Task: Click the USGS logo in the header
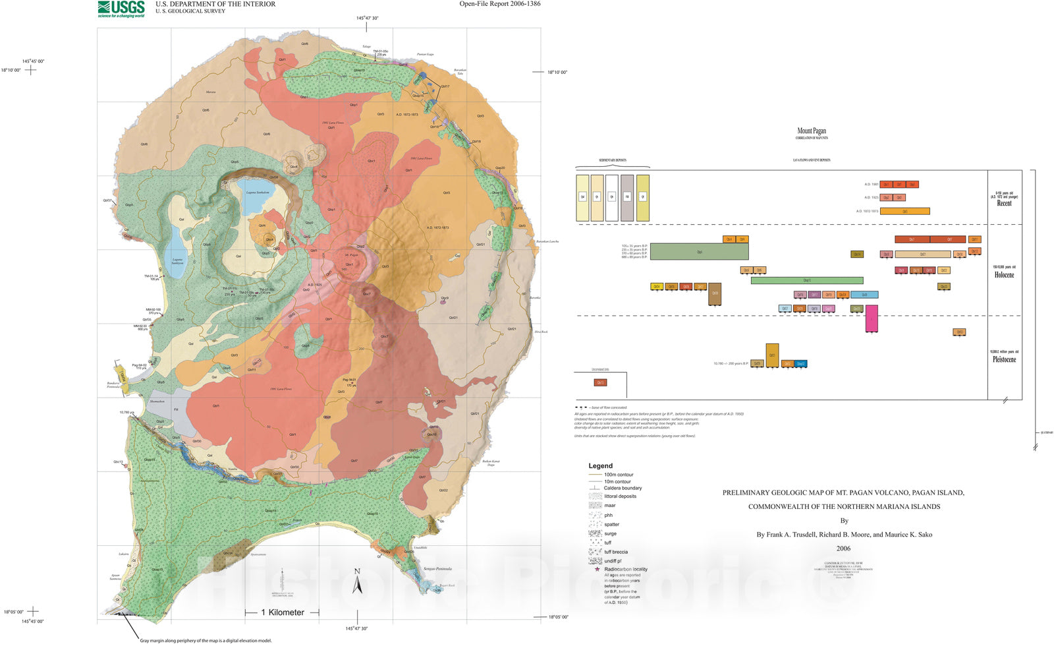tap(121, 9)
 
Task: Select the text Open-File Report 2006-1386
tap(500, 4)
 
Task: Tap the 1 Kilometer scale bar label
tap(283, 612)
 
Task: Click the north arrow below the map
tap(357, 582)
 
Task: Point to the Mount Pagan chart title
tap(811, 131)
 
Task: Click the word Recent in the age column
tap(1004, 203)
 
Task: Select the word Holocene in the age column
tap(1004, 275)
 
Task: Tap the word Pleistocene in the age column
tap(1004, 359)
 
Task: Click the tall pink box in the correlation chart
tap(872, 318)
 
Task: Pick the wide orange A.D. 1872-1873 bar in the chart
tap(904, 212)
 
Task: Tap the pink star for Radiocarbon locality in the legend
tap(597, 569)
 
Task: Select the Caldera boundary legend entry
tap(623, 489)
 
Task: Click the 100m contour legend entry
tap(618, 475)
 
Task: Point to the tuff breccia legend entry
tap(615, 552)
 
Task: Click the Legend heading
tap(600, 465)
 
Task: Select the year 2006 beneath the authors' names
tap(843, 548)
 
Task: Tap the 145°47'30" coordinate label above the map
tap(367, 18)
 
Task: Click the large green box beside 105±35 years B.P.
tap(699, 252)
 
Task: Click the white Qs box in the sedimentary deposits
tap(611, 197)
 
